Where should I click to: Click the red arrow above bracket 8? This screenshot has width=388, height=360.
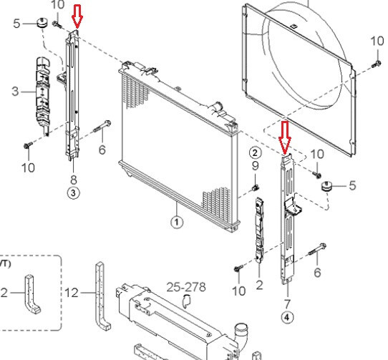77,16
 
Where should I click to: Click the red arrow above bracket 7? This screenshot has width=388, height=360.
285,137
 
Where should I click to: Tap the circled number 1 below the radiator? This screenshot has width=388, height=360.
177,222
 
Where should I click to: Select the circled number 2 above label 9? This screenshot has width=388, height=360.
255,153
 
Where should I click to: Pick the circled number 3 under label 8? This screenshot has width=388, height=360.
74,193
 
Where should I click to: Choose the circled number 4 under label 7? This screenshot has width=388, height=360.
287,317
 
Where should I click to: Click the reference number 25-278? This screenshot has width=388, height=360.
186,287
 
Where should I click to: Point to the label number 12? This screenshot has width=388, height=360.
72,293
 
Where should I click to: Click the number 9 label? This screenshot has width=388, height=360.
256,166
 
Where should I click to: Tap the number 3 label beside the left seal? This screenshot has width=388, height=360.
15,92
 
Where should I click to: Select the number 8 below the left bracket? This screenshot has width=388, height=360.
74,180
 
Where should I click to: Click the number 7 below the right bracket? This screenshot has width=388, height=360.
287,304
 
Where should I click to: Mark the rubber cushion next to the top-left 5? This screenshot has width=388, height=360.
43,23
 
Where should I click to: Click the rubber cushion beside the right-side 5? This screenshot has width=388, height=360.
327,186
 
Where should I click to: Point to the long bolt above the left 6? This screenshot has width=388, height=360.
102,126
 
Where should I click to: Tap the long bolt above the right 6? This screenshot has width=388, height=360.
317,249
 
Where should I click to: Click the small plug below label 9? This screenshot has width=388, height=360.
255,188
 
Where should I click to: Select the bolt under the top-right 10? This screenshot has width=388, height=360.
376,64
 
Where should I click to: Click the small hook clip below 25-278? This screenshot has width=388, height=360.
187,301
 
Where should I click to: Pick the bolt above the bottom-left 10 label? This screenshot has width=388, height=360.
28,145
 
